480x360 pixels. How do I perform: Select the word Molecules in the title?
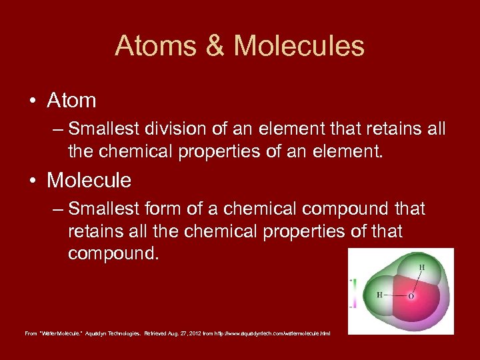pos(299,46)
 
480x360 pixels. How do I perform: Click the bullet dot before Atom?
pos(32,101)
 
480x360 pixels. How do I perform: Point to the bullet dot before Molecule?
pos(32,181)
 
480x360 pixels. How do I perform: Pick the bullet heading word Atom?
pos(71,101)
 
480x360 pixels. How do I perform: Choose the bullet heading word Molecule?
pos(89,180)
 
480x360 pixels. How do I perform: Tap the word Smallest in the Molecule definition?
pos(105,209)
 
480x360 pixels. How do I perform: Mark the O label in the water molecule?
pos(411,295)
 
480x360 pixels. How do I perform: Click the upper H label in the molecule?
pos(421,267)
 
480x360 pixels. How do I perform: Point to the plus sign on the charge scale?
pos(351,281)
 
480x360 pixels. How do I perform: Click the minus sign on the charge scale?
pos(351,307)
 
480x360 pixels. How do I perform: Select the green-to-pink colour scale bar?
pos(355,293)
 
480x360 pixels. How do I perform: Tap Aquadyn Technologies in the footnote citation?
pos(110,333)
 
